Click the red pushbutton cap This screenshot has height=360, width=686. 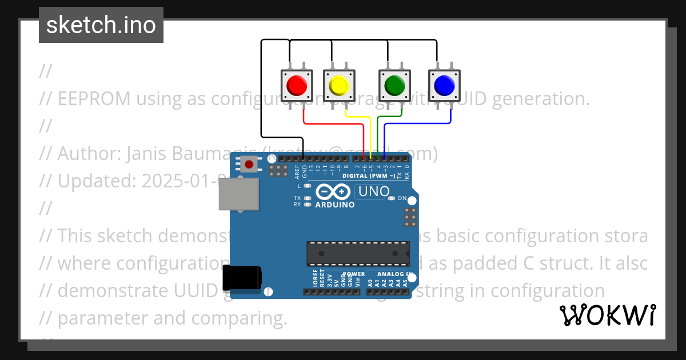[297, 86]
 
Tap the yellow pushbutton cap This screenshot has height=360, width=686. [339, 86]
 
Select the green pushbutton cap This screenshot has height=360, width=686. [394, 86]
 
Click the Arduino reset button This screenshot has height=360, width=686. [249, 165]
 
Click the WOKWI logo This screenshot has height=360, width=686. [607, 315]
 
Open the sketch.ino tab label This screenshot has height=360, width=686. [101, 25]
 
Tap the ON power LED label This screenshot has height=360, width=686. [402, 198]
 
